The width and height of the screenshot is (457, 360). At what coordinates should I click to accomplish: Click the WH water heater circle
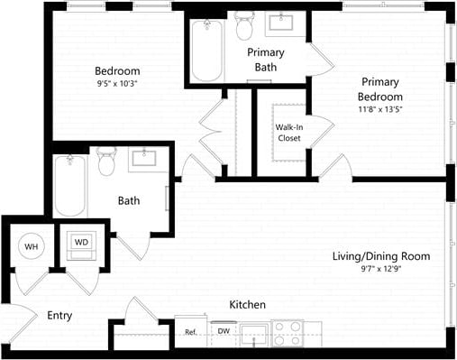[x=31, y=246]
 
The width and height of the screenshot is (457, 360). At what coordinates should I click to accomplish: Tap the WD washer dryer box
[x=80, y=244]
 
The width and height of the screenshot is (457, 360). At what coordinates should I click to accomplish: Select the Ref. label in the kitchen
[x=190, y=332]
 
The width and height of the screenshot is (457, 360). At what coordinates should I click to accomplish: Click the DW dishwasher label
[x=223, y=332]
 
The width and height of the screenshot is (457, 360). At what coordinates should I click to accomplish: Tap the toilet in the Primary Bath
[x=243, y=28]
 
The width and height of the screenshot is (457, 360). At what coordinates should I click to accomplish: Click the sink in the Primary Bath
[x=290, y=22]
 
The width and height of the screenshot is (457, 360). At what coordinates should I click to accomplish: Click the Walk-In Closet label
[x=289, y=133]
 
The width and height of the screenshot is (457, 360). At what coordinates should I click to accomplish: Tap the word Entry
[x=59, y=316]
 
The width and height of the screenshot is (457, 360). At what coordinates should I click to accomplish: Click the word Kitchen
[x=246, y=304]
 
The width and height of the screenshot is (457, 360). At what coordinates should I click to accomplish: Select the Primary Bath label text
[x=266, y=60]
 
